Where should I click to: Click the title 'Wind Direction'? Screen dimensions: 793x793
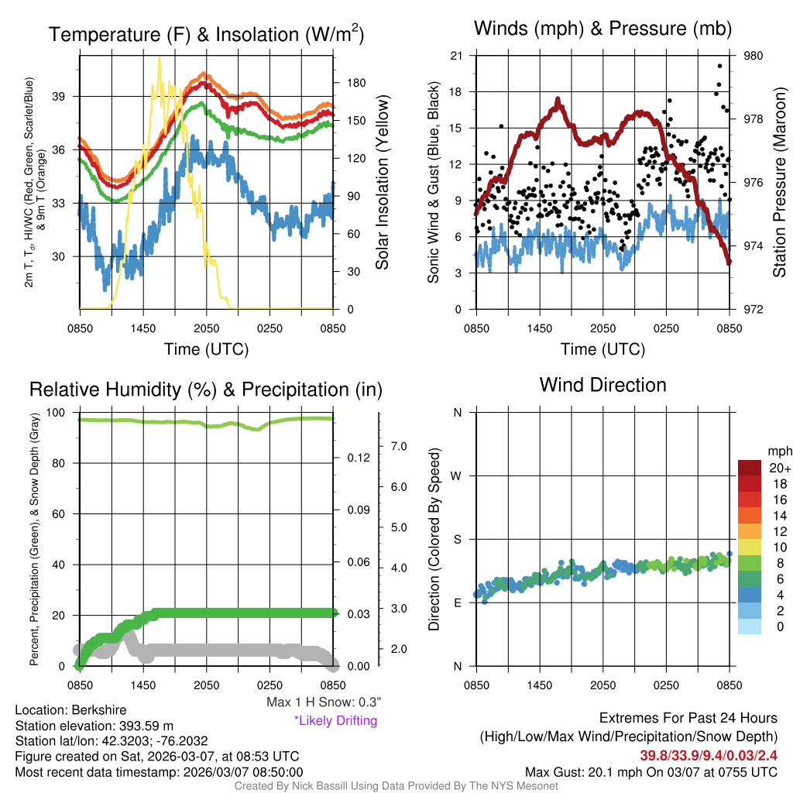pos(602,385)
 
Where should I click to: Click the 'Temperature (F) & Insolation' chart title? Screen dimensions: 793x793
pos(206,34)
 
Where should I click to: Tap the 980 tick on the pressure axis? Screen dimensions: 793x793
pos(754,56)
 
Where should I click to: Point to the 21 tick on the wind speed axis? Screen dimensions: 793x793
pos(456,56)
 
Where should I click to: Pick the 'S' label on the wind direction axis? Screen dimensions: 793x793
pos(457,539)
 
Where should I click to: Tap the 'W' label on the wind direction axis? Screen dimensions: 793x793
pos(457,475)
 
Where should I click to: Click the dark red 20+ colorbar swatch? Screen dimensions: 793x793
pos(749,468)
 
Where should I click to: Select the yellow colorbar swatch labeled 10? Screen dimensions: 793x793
pos(749,547)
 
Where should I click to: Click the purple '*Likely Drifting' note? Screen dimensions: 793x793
pos(335,721)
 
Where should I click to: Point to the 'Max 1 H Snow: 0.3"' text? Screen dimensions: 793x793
pos(323,702)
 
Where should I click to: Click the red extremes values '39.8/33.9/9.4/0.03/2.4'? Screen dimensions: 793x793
pos(708,755)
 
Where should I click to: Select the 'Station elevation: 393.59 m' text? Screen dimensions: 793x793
pos(94,726)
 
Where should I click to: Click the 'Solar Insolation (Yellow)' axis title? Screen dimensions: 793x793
pos(382,183)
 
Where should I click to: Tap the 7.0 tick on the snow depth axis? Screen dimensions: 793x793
pos(397,446)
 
